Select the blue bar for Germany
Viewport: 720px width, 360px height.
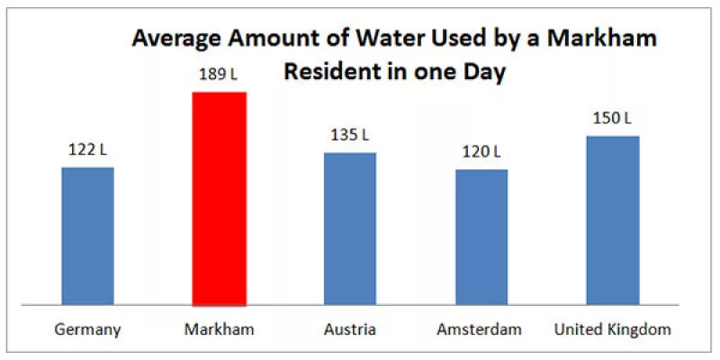tap(87, 236)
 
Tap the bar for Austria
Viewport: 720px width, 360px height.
tap(350, 229)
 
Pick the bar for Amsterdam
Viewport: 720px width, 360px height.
tap(481, 237)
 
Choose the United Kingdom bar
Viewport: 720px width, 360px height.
tap(613, 220)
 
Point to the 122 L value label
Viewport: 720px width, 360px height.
tap(87, 149)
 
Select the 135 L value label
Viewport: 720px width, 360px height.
tap(350, 135)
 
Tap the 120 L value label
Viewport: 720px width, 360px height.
tap(481, 151)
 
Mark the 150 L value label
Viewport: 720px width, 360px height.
tap(613, 118)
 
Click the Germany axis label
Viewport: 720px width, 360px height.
tap(87, 329)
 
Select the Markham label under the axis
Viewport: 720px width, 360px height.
tap(219, 329)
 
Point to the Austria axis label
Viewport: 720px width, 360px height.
tap(350, 329)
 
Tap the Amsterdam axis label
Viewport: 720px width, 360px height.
tap(480, 329)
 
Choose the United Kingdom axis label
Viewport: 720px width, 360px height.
tap(613, 329)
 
